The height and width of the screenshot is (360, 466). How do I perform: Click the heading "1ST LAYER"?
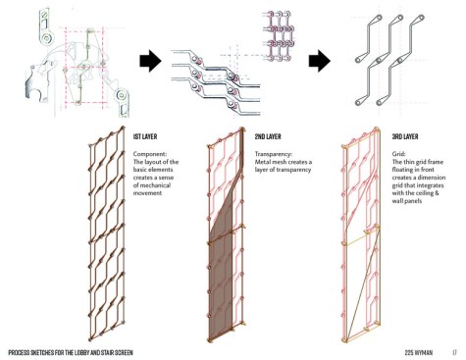(145, 136)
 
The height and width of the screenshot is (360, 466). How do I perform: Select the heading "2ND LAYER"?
(268, 136)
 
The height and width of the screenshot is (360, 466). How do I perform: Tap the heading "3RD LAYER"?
(405, 136)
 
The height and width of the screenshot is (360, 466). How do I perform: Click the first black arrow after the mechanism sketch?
(150, 61)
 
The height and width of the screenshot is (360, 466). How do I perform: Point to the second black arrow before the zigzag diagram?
(320, 61)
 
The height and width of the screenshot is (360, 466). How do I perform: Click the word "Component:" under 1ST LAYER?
(150, 154)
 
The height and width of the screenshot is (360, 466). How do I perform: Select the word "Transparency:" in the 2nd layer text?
(274, 154)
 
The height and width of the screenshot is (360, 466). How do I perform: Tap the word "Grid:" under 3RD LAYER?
(399, 154)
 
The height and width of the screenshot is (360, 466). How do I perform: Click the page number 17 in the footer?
(454, 353)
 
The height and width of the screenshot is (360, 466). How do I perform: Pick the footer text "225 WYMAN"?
(419, 353)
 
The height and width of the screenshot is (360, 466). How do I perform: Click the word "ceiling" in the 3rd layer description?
(423, 193)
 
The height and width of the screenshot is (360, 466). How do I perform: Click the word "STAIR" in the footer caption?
(104, 353)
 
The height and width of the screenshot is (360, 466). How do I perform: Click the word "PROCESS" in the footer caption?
(19, 353)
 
